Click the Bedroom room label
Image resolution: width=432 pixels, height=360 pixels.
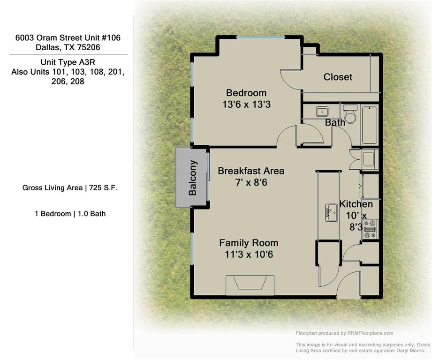(246, 93)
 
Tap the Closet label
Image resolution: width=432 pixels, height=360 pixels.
(338, 77)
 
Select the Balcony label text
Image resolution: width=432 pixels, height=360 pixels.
(192, 178)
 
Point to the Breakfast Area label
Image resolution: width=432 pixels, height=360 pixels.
(251, 171)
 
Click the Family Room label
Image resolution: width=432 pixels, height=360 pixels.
(249, 243)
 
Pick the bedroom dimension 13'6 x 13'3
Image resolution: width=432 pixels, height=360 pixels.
(246, 105)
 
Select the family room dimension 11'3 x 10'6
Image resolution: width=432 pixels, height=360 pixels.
(249, 255)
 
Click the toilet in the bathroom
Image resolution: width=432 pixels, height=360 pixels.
(350, 115)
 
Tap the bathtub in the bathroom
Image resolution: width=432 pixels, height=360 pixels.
(370, 125)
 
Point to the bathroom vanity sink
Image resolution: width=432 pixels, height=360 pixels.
(322, 112)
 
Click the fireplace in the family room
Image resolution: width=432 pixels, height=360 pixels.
(250, 284)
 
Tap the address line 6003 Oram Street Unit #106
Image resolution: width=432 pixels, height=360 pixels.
(68, 37)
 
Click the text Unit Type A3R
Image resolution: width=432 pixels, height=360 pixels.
(68, 62)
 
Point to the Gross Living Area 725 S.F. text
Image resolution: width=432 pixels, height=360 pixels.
(70, 188)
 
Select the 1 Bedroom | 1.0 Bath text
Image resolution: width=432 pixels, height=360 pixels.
(70, 214)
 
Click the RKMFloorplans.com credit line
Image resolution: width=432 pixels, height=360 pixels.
(344, 333)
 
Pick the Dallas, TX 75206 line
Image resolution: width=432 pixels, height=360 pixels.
(68, 47)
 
